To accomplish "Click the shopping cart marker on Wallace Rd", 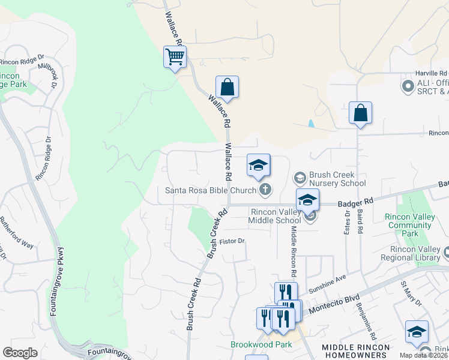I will coord(175,58).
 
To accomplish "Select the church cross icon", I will coord(265,191).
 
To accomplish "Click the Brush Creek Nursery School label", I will coord(337,179).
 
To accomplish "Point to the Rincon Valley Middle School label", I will coord(276,217).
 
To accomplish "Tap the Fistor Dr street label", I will coord(233,241).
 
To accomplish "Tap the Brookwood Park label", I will coord(261,344).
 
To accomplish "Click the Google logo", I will coord(20,352).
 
